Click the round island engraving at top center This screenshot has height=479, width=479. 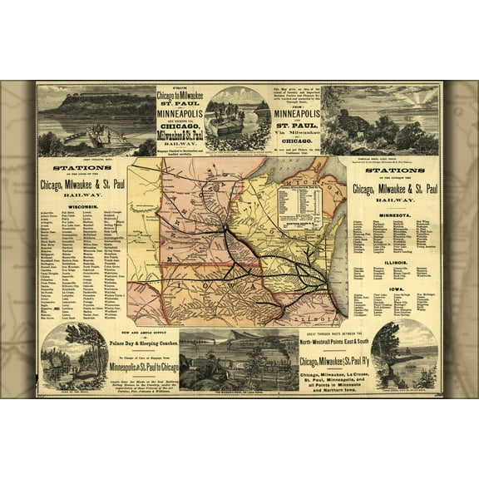tap(238, 118)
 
